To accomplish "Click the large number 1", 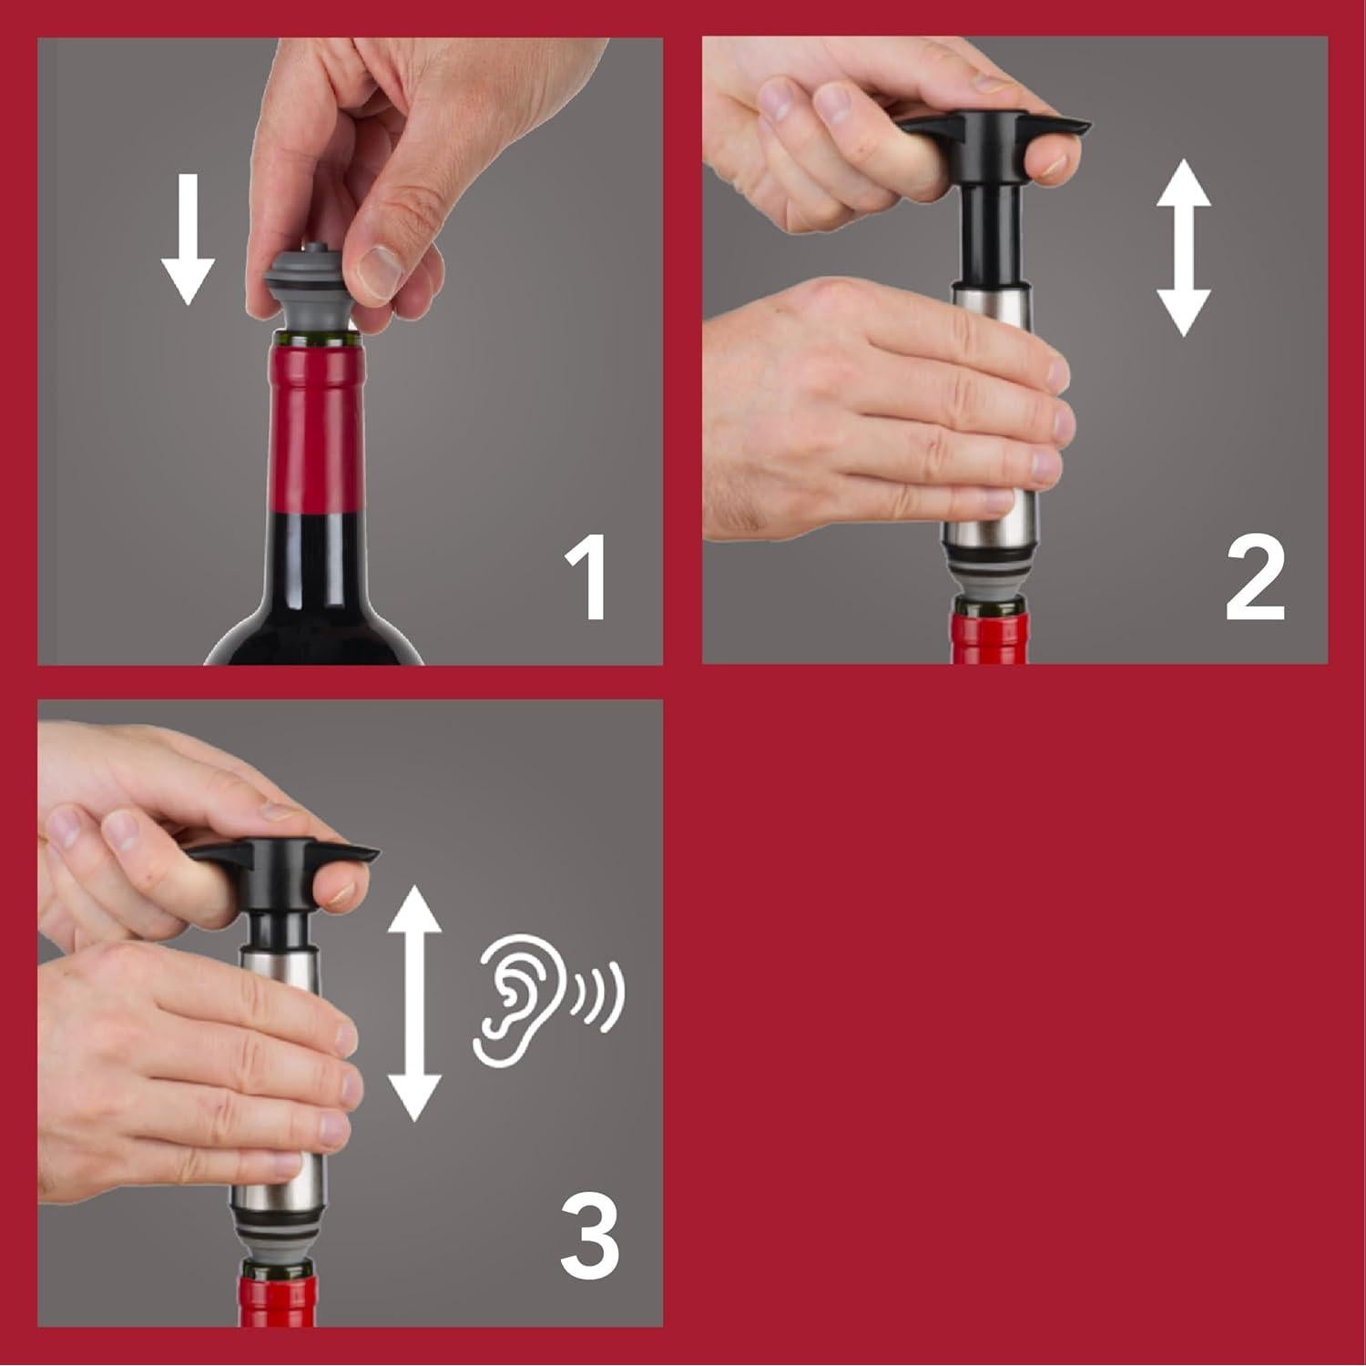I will [x=585, y=579].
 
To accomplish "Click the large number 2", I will [x=1254, y=579].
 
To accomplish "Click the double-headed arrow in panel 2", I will [x=1182, y=248].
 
